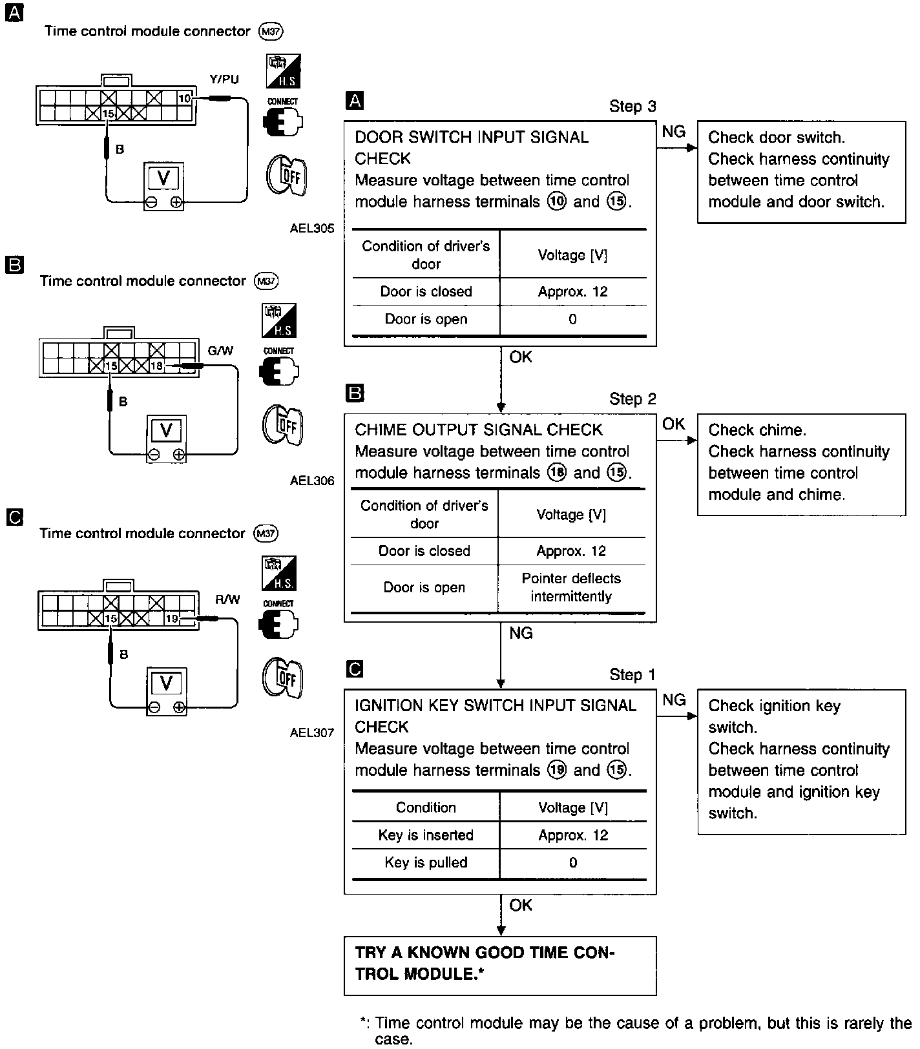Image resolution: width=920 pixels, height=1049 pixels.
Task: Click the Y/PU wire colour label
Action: [224, 79]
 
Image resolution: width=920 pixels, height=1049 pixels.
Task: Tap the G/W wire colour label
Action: [220, 351]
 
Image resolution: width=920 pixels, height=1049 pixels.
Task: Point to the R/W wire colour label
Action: [227, 599]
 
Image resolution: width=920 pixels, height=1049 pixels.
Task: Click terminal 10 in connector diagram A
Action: [185, 98]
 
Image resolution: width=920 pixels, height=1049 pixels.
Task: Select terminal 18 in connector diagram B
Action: [156, 366]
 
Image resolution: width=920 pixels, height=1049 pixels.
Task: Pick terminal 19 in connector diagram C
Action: [171, 619]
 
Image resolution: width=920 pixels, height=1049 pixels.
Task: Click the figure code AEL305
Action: [312, 228]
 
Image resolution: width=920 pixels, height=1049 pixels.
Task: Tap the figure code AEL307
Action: [312, 732]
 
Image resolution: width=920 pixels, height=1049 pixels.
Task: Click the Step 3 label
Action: [632, 107]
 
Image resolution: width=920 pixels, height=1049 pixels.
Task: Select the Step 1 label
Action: [632, 675]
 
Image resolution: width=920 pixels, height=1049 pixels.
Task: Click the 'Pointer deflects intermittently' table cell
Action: [571, 588]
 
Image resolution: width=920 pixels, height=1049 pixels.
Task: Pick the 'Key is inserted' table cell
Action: [426, 835]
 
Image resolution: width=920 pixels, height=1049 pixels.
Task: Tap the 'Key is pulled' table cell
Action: [426, 862]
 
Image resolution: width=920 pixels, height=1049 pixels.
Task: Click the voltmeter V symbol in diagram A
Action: [163, 178]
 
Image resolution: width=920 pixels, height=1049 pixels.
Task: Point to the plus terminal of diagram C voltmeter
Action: [179, 707]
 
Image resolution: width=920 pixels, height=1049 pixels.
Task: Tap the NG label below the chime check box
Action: [521, 633]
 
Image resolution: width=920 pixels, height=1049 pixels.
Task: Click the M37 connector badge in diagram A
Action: [270, 31]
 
